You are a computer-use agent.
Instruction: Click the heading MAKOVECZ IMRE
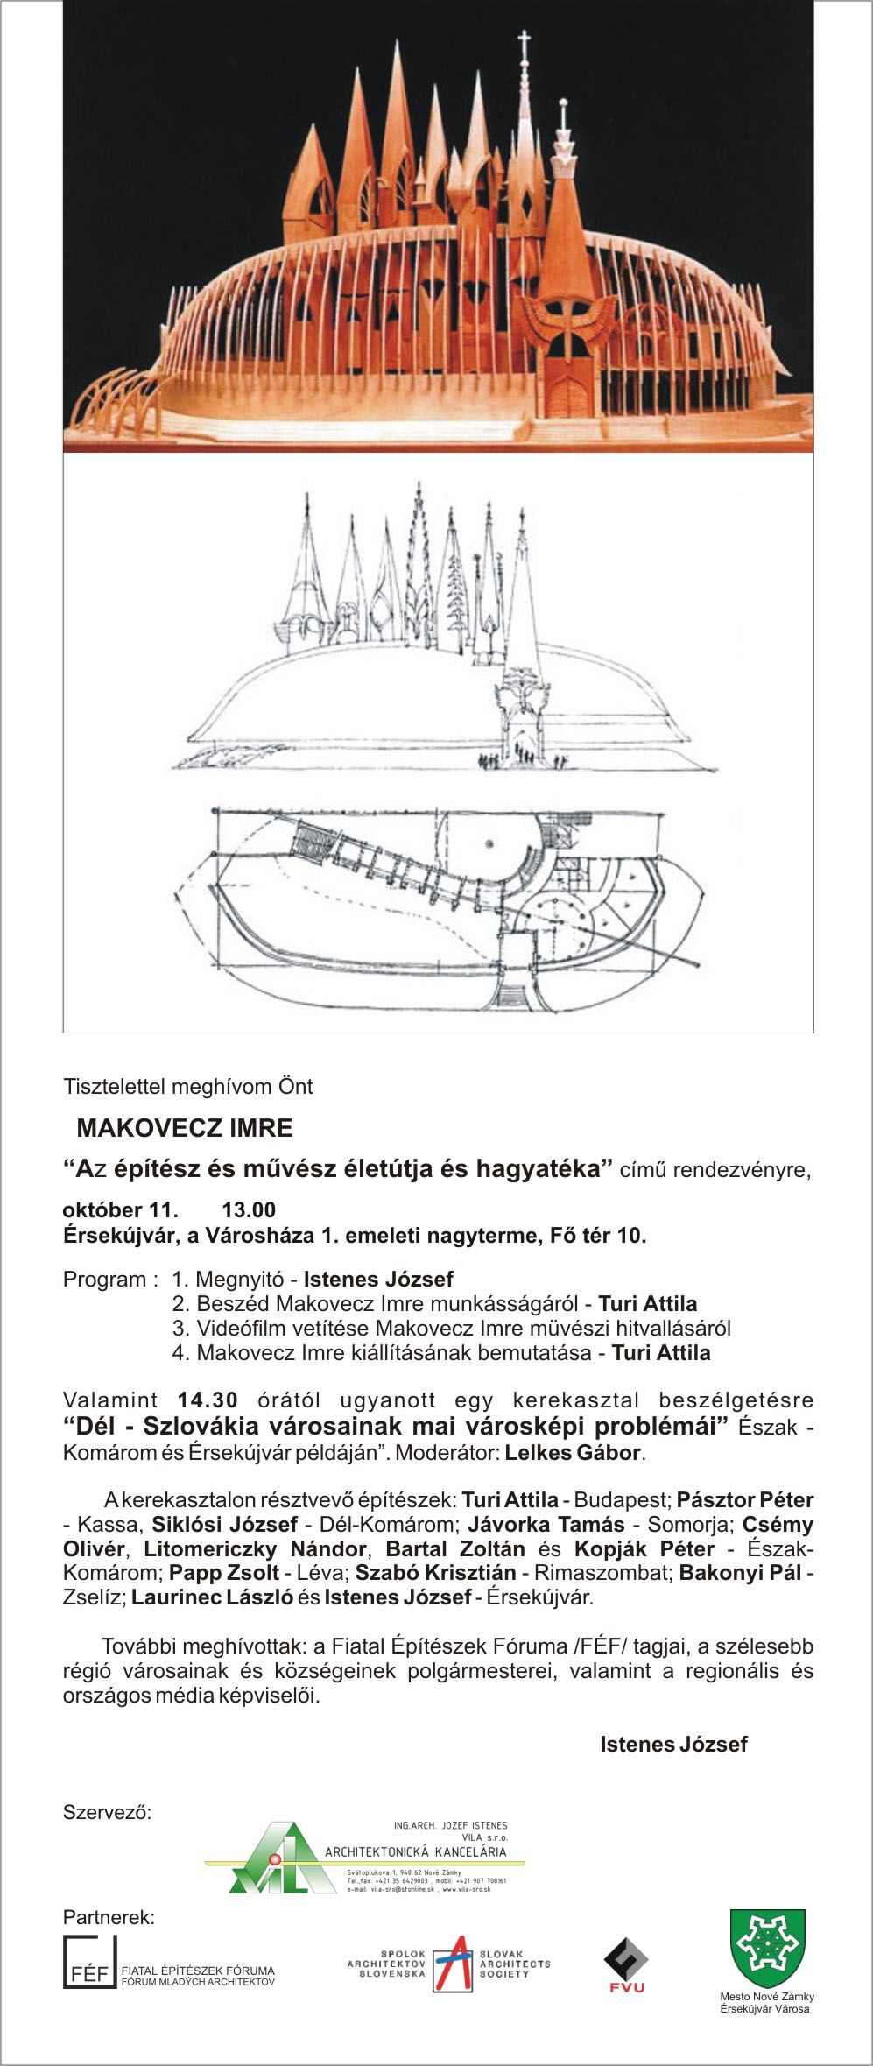click(x=185, y=1126)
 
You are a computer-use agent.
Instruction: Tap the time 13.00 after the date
click(x=249, y=1210)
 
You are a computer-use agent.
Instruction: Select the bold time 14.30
click(x=208, y=1400)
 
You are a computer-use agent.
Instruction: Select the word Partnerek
click(x=109, y=1918)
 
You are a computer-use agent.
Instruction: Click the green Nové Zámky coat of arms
click(x=768, y=1946)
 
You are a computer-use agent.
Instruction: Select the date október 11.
click(x=121, y=1210)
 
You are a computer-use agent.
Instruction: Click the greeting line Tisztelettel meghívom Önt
click(x=187, y=1087)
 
